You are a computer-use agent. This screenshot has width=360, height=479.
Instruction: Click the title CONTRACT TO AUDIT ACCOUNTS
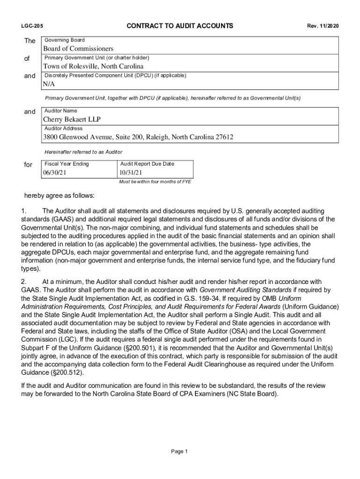point(180,26)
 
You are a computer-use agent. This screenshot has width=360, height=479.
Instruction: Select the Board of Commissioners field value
point(78,49)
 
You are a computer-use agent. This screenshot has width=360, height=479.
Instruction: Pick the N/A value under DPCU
point(49,84)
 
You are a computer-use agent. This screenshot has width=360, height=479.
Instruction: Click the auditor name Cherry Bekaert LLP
point(72,120)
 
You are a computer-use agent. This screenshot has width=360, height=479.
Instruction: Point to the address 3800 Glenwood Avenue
point(138,138)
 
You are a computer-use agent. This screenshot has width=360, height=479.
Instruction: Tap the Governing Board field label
point(65,40)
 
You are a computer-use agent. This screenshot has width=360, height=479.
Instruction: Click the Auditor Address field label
point(64,129)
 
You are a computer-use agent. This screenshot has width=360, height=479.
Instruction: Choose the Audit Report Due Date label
point(147,164)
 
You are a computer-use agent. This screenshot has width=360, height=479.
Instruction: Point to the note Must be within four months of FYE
point(155,182)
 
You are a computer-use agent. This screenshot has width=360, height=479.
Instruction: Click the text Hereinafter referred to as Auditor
point(83,152)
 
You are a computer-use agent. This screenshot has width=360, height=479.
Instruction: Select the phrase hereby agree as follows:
point(59,195)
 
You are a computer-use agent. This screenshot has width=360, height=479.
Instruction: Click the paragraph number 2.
point(24,282)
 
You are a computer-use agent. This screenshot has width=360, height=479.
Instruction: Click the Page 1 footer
point(180,451)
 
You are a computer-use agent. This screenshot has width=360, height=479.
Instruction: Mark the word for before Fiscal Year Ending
point(28,165)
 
